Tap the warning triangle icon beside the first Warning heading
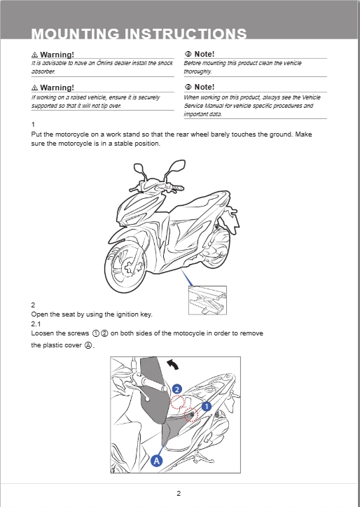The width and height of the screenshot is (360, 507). click(34, 55)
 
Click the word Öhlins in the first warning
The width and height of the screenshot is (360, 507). click(105, 63)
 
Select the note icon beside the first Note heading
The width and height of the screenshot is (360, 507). click(188, 54)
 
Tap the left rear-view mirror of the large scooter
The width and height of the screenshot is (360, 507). click(139, 168)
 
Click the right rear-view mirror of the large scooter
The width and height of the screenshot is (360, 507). click(178, 166)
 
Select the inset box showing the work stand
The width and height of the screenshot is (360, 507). click(207, 300)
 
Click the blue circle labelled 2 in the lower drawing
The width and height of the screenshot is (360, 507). click(176, 389)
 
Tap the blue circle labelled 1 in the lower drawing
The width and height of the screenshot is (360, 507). click(207, 406)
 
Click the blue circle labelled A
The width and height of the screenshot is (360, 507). click(157, 461)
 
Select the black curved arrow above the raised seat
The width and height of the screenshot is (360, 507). click(172, 365)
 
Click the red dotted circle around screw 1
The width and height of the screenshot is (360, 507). click(191, 415)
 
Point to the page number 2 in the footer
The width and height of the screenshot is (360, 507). click(179, 494)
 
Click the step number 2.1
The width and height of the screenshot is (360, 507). click(36, 324)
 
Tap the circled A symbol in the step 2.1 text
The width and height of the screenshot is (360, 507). click(88, 345)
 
